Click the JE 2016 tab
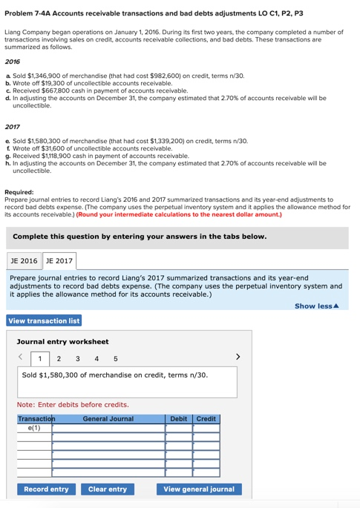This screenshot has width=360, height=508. tap(24, 260)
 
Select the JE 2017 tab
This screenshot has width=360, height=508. tap(59, 260)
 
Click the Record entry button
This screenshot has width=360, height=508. tap(46, 489)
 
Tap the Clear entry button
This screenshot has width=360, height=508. tap(108, 489)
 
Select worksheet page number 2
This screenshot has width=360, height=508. tap(59, 359)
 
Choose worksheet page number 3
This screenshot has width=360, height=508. tap(77, 359)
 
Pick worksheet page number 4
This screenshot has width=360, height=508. tap(96, 359)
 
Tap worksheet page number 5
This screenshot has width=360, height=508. tap(115, 359)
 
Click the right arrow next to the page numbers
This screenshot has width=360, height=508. tap(238, 358)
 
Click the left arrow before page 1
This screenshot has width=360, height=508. tap(22, 358)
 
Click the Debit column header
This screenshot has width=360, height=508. tap(179, 419)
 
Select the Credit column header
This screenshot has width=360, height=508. tap(206, 419)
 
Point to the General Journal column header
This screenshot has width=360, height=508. tap(108, 419)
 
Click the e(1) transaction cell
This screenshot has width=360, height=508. tap(33, 428)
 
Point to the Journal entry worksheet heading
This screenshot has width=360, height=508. tap(62, 341)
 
